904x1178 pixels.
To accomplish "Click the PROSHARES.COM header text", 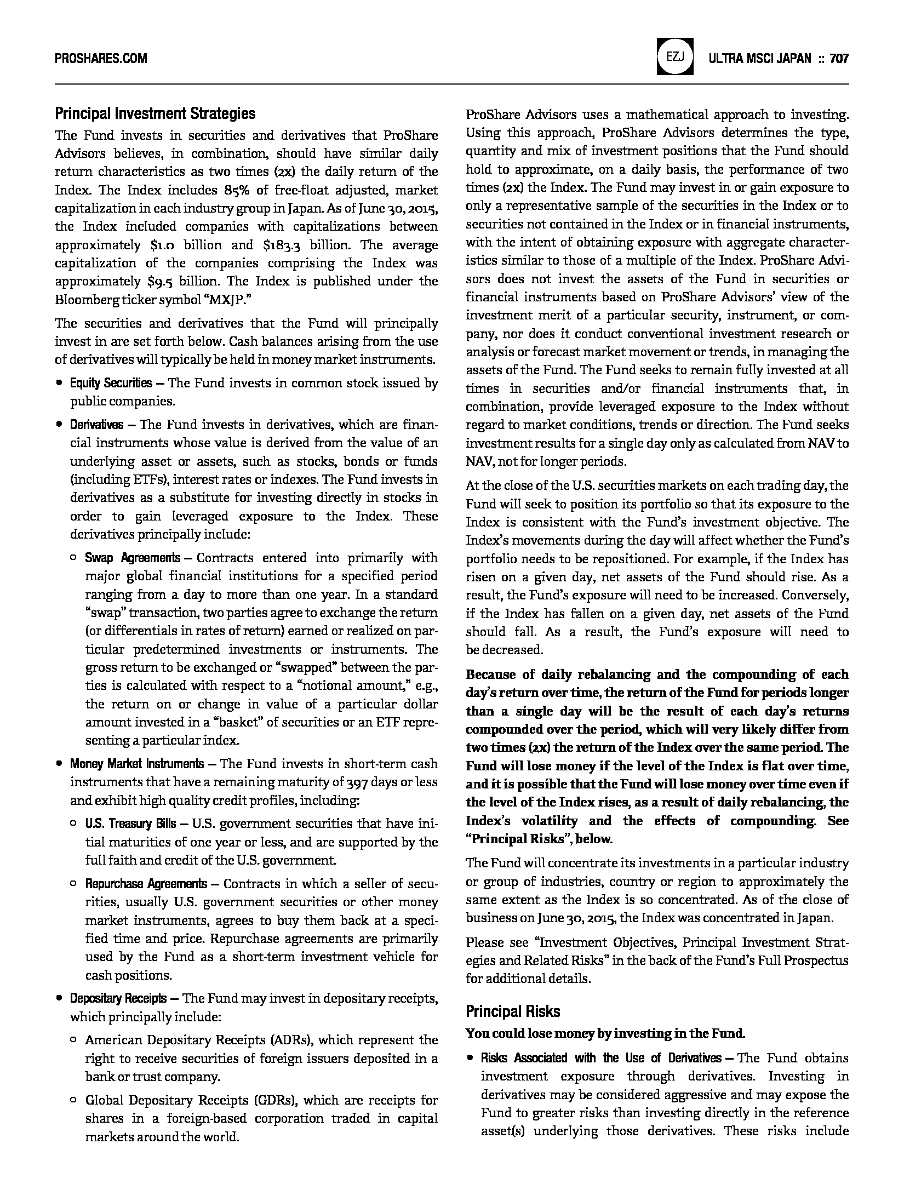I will [x=101, y=59].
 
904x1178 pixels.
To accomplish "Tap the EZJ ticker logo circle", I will [x=674, y=57].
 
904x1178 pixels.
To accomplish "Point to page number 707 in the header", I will [x=839, y=59].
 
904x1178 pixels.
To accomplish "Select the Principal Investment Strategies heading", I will [x=155, y=113].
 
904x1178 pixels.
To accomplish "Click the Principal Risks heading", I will [x=513, y=1011].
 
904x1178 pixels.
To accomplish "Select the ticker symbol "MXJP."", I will [x=226, y=300].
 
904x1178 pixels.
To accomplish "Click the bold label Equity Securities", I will [x=111, y=383].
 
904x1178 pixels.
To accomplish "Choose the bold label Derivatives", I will [x=96, y=425].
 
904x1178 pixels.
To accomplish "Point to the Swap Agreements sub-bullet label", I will [x=132, y=558].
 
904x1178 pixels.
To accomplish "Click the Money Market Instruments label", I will [x=136, y=764].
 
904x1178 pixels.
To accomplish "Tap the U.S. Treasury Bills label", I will [x=130, y=824].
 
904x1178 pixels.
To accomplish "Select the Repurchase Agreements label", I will [x=146, y=884].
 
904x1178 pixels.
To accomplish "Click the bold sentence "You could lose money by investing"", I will [x=605, y=1034].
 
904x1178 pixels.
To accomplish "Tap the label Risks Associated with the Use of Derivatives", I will [x=601, y=1058].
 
